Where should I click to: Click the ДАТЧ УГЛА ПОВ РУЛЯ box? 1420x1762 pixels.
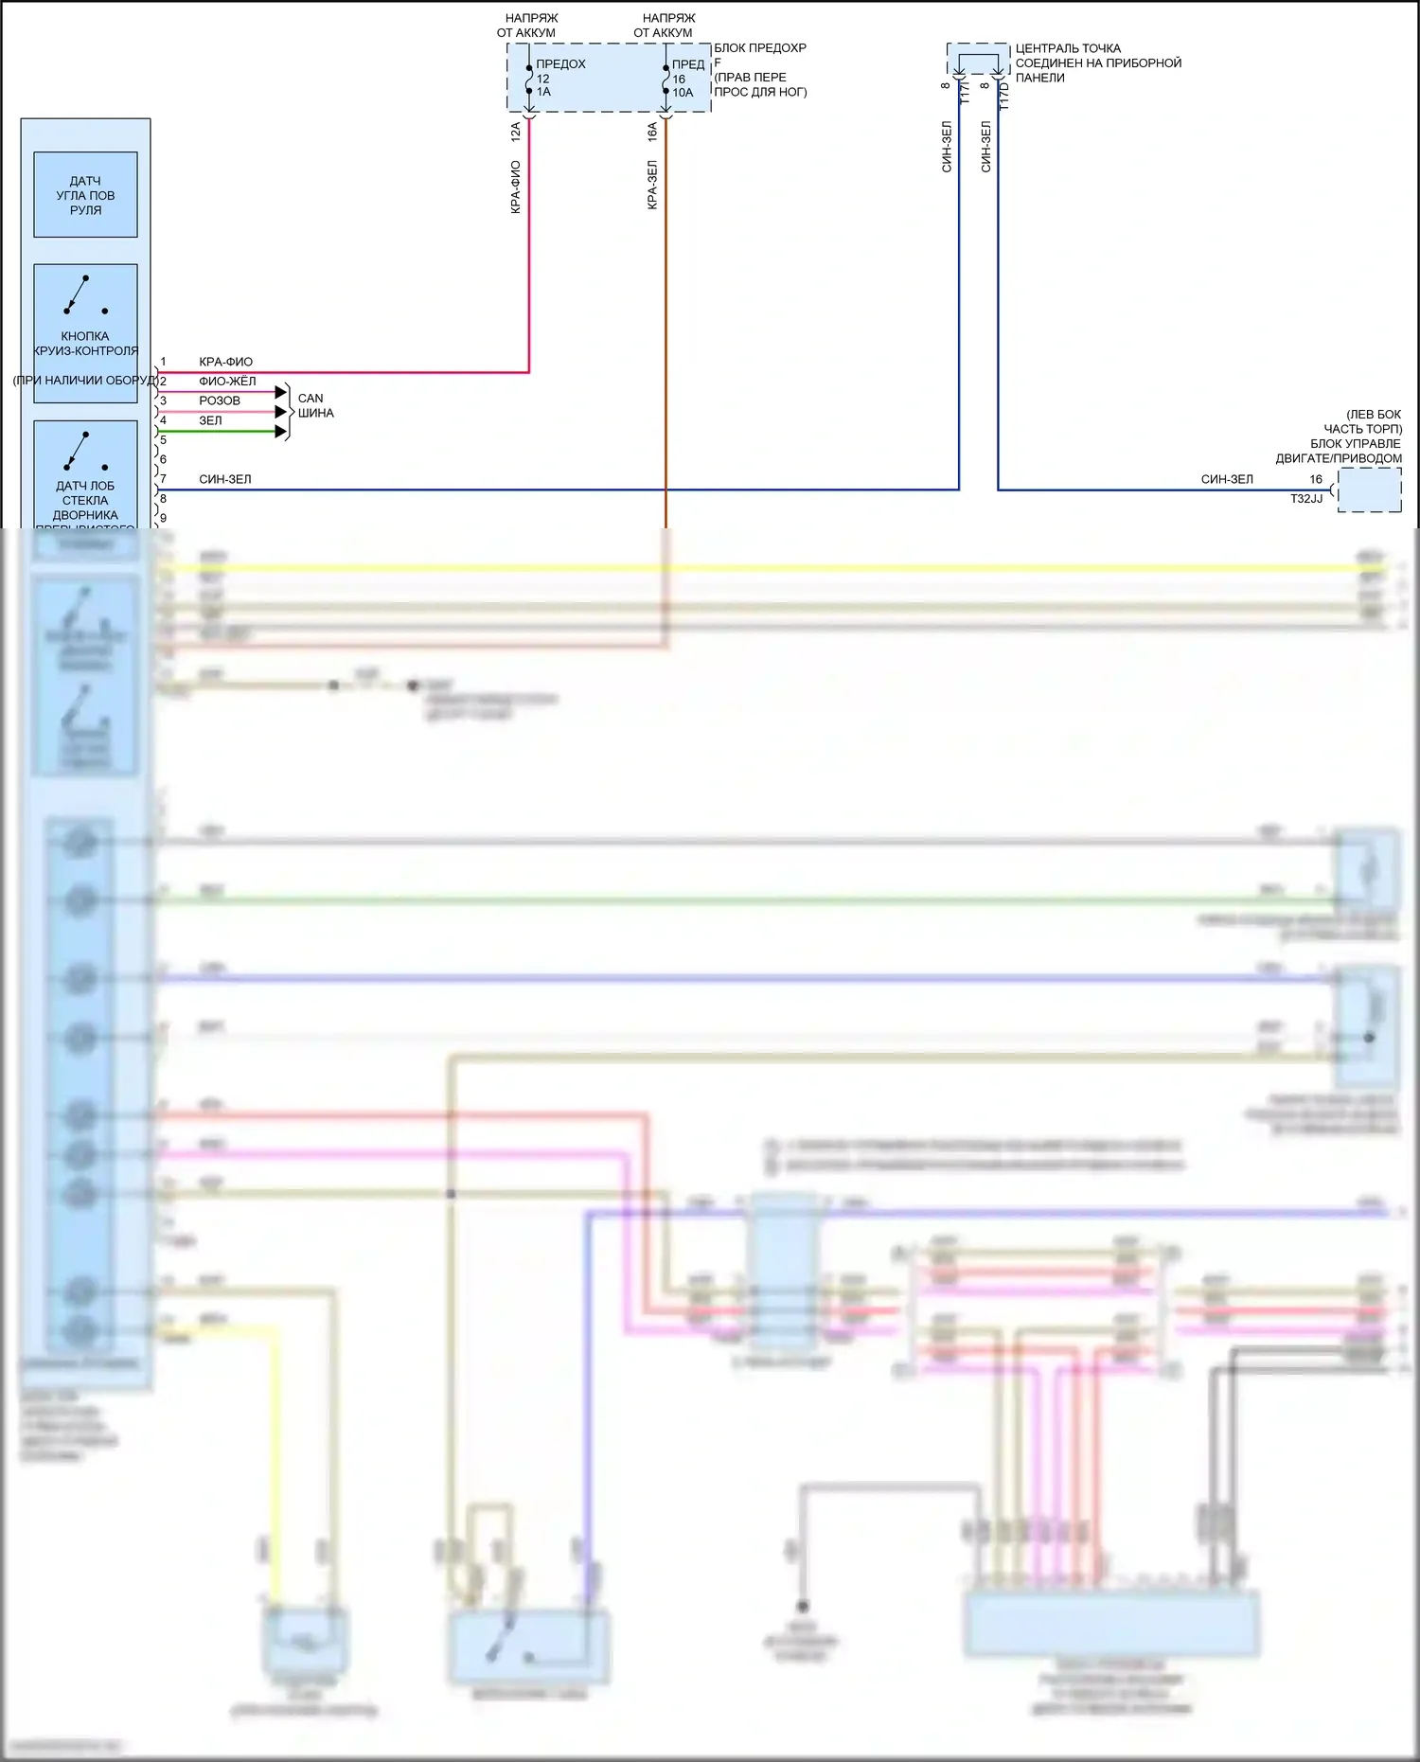(85, 195)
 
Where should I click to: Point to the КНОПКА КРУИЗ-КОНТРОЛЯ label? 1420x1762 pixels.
(85, 344)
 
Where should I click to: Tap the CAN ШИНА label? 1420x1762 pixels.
(315, 405)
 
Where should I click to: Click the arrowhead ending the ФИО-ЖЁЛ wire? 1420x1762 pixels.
(281, 392)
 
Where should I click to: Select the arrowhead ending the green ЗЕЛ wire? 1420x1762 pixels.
(281, 432)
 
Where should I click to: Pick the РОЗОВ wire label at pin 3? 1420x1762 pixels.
(220, 400)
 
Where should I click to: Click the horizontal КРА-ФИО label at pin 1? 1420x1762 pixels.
(225, 362)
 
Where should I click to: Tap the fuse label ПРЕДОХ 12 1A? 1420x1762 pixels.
(559, 78)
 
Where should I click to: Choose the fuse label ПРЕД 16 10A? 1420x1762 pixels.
(685, 79)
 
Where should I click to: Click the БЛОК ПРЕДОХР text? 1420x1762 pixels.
(759, 47)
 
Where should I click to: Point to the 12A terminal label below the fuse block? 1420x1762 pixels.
(516, 132)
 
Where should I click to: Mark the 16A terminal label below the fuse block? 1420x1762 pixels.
(652, 132)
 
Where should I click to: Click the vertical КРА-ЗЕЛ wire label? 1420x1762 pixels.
(652, 185)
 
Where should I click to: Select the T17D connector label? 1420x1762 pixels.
(1004, 96)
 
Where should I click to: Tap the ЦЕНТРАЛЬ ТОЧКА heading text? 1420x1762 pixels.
(1068, 48)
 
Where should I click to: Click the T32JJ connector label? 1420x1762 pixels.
(1306, 498)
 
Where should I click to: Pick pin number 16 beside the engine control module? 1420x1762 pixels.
(1316, 479)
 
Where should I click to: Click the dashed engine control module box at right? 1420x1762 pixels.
(1369, 491)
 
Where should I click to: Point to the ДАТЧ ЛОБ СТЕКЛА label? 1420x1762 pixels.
(85, 493)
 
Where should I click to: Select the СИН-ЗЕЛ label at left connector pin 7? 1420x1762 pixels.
(225, 479)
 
